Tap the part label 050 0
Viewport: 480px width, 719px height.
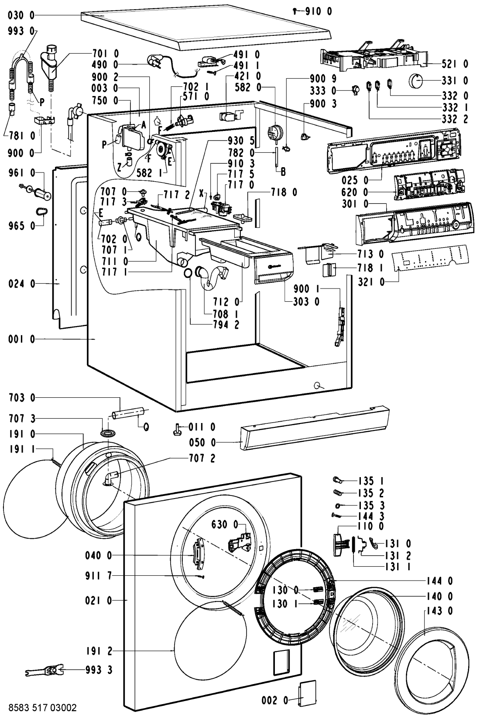click(x=204, y=443)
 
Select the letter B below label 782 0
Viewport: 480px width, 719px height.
click(x=283, y=172)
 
